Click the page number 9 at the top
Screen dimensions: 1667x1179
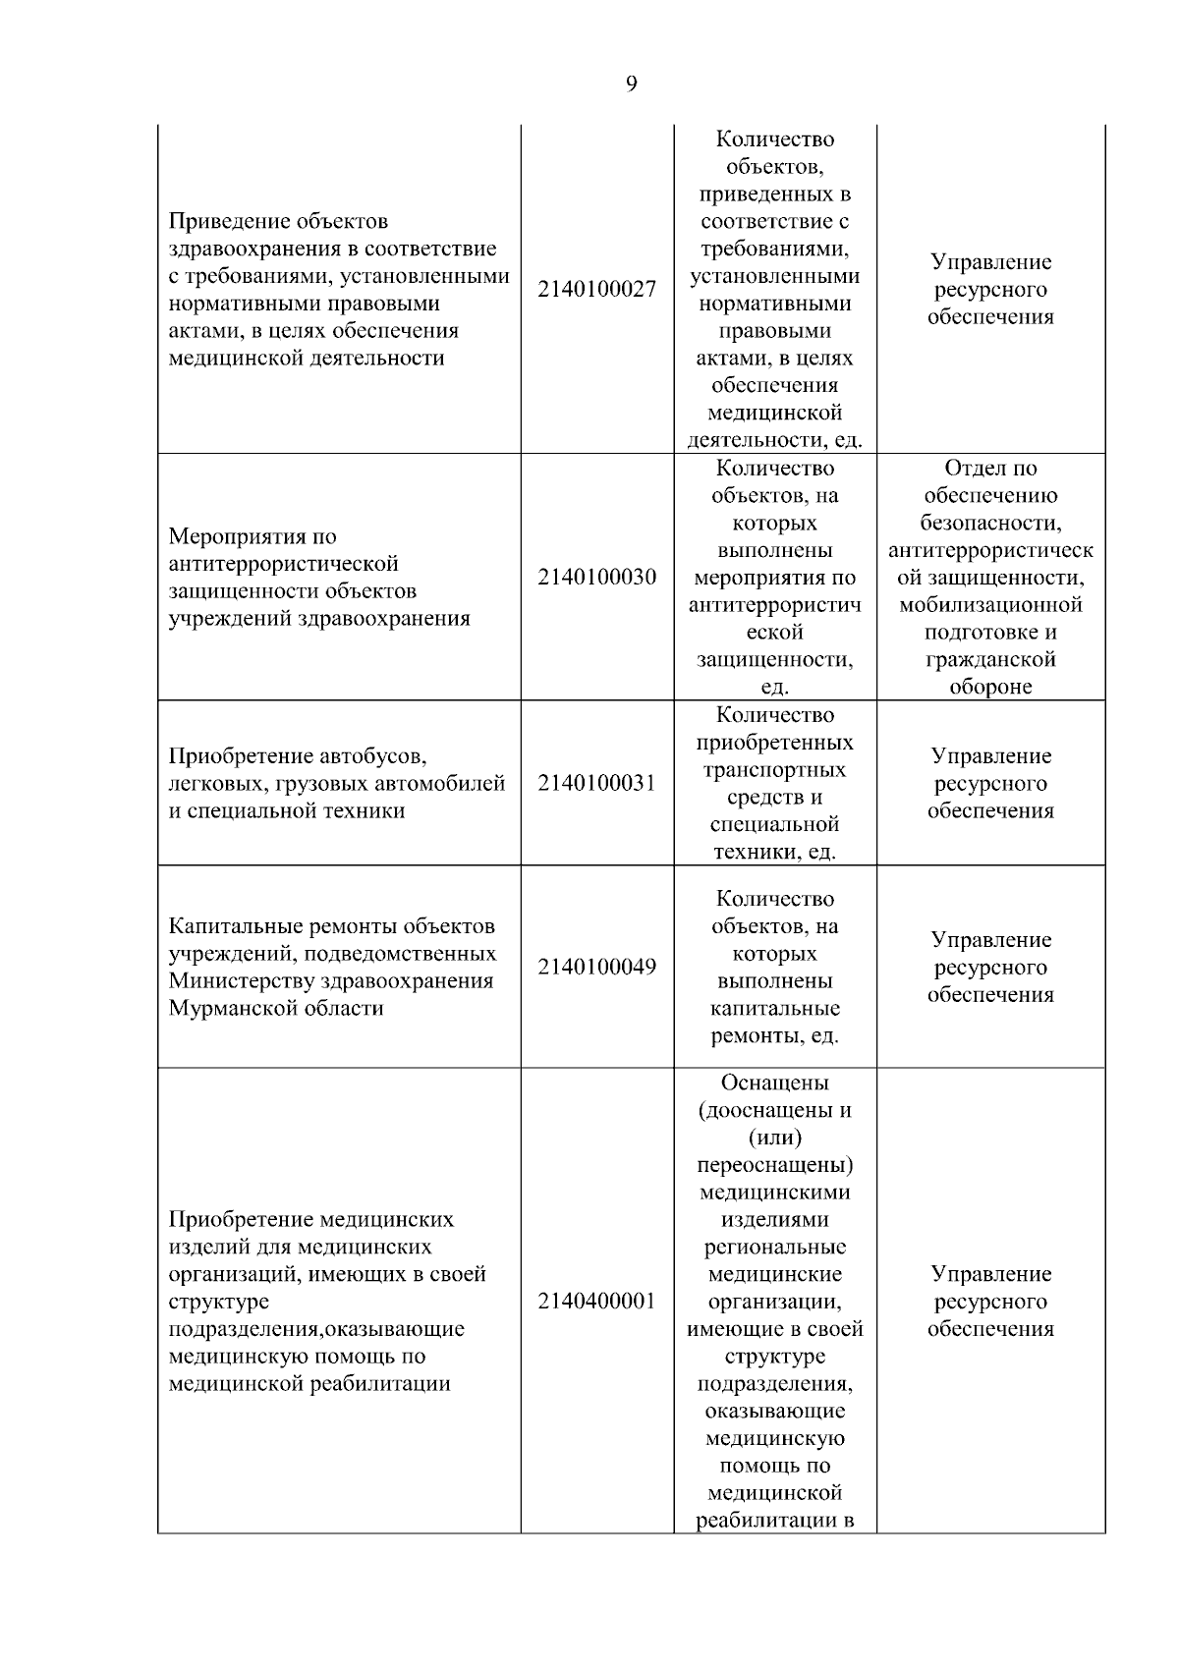pos(631,83)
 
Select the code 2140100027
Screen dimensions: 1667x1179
pos(596,290)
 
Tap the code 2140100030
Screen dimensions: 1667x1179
pos(596,577)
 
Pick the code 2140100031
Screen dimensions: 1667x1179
pos(596,784)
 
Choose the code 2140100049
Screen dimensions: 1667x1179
pos(596,968)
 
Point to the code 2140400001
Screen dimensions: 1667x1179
pos(596,1302)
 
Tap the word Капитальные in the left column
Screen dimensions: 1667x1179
pos(236,926)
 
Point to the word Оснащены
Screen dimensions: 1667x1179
pos(775,1083)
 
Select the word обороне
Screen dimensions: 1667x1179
pos(990,688)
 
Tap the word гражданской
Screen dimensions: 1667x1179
pos(990,660)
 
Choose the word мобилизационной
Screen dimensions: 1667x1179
pos(990,605)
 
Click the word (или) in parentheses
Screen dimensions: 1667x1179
pos(775,1138)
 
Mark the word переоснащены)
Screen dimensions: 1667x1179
pos(775,1165)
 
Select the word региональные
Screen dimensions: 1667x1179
pos(775,1248)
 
